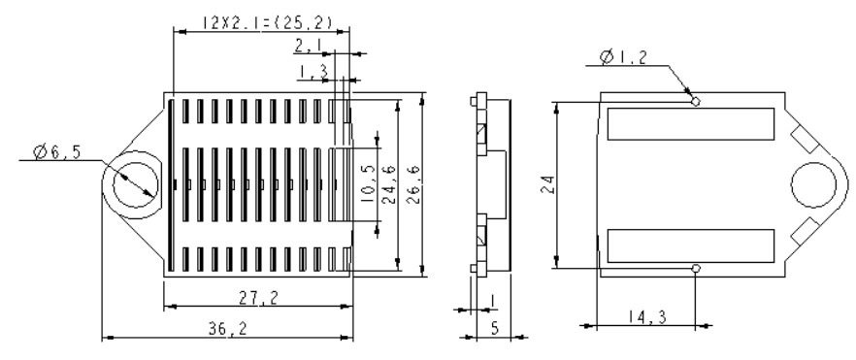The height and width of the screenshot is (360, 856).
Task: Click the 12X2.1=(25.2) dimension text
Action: (x=267, y=22)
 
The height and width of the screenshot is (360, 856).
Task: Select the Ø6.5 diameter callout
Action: (x=56, y=151)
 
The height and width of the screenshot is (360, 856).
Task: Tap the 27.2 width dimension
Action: (x=258, y=297)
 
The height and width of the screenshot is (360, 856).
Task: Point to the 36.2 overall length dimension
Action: (x=228, y=328)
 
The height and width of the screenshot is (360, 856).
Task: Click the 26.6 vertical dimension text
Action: (x=413, y=185)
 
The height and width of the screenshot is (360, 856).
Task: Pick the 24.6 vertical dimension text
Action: (x=388, y=184)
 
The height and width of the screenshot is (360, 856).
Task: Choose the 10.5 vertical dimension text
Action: (x=369, y=184)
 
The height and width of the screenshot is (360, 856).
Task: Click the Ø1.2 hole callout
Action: (x=622, y=56)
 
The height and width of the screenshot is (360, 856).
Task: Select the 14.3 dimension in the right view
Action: (x=647, y=317)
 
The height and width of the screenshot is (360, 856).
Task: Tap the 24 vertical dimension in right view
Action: (x=548, y=184)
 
